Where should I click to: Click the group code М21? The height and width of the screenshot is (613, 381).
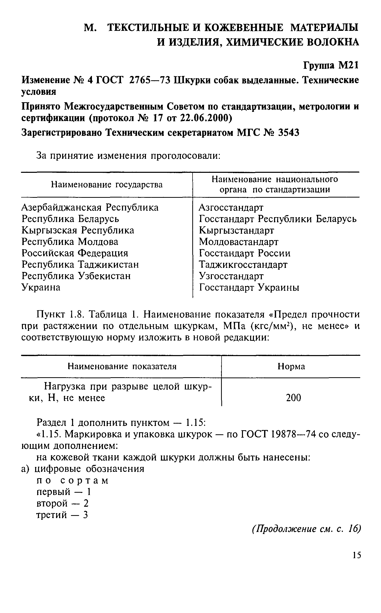(x=348, y=66)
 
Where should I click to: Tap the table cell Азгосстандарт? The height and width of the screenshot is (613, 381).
(x=231, y=207)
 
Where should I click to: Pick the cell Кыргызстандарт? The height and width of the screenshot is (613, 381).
(x=236, y=230)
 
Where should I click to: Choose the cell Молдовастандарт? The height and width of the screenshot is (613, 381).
(x=239, y=242)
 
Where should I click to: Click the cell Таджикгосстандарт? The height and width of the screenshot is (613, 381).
(x=243, y=265)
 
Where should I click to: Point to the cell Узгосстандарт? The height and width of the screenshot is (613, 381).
(x=231, y=276)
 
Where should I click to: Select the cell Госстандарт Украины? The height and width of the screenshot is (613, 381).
(x=249, y=288)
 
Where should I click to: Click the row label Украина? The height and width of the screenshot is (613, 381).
(x=41, y=287)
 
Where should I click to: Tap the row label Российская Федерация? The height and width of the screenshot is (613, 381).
(x=75, y=253)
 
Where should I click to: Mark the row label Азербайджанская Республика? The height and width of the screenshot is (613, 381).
(x=90, y=207)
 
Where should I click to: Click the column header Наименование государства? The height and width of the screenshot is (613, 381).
(x=106, y=185)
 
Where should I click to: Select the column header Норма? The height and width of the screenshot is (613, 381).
(x=291, y=367)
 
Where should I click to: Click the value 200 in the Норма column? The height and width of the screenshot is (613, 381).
(x=293, y=398)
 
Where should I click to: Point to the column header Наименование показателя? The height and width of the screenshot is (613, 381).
(x=122, y=367)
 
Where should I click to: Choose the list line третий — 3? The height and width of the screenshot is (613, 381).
(x=62, y=515)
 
